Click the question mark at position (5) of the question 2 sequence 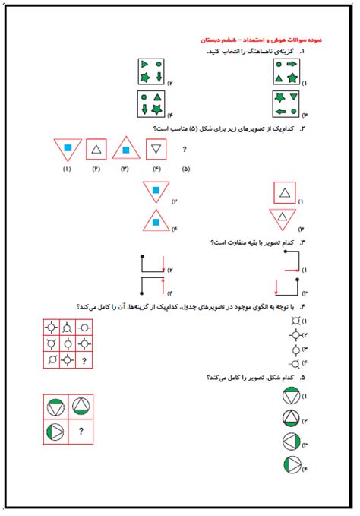(x=185, y=150)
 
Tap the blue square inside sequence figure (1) (x=66, y=147)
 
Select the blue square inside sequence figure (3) (x=126, y=150)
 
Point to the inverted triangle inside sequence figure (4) (x=157, y=149)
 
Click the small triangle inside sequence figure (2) (x=96, y=150)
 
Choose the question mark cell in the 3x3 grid (x=82, y=360)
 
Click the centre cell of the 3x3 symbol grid (x=67, y=344)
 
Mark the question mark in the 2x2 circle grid (x=80, y=432)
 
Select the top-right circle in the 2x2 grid (x=80, y=407)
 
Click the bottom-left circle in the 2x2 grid (x=54, y=432)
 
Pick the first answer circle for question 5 (x=291, y=397)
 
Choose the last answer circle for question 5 (x=291, y=466)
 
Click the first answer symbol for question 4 (x=294, y=321)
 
